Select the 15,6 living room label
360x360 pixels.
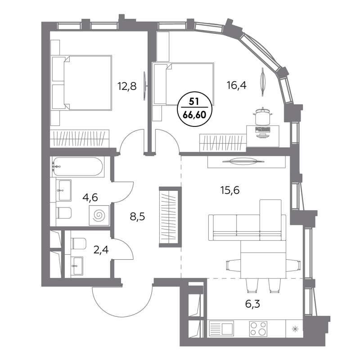tap(229, 190)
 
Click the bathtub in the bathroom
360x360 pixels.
tap(77, 167)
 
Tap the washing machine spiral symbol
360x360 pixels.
tap(98, 216)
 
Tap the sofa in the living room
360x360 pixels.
tap(247, 223)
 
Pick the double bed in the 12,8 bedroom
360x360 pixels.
tap(85, 82)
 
